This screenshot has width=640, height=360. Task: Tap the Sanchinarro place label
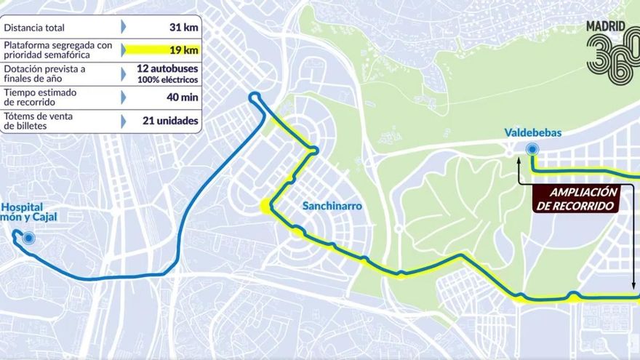point(332,206)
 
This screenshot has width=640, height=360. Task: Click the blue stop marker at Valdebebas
point(532,150)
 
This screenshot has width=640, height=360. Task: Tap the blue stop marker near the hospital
point(28,237)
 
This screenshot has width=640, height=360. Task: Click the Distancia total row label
point(34,28)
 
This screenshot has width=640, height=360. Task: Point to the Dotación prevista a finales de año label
point(44,73)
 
